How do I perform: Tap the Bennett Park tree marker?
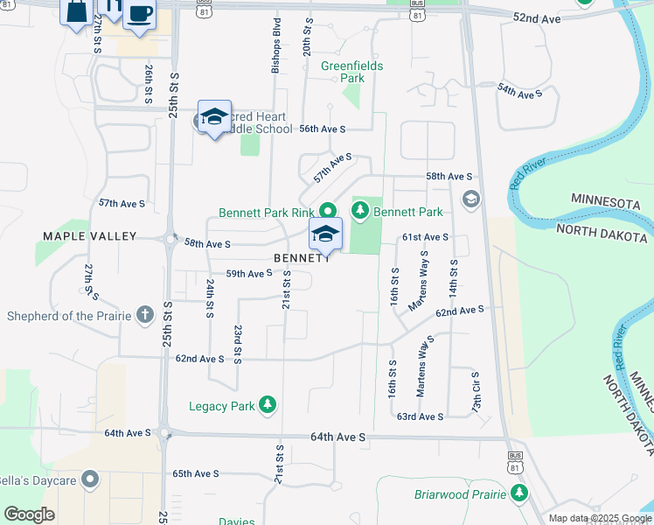359,211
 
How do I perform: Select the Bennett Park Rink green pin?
329,211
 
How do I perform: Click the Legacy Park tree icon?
268,405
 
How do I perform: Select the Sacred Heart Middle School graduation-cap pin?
214,117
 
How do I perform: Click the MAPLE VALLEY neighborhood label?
90,236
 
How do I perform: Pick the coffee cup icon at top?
140,15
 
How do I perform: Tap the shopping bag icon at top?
76,10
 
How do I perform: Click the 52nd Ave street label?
537,17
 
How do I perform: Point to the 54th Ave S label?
520,91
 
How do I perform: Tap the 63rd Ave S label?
420,416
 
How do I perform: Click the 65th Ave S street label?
195,473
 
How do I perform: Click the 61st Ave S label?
425,237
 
